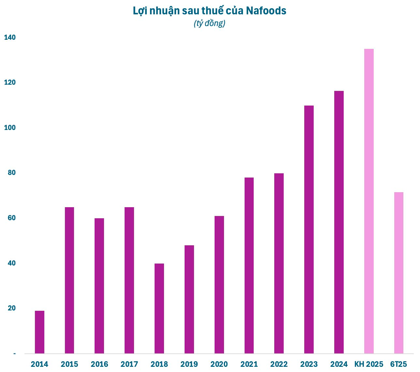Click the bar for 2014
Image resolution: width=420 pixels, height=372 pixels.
click(x=39, y=332)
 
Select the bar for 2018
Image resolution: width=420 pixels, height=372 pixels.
click(x=159, y=308)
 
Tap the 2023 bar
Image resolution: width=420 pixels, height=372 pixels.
click(x=309, y=229)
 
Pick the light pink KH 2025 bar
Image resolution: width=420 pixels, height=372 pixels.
click(x=369, y=201)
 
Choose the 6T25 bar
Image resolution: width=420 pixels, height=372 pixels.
click(x=398, y=273)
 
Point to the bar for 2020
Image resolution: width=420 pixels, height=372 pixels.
click(x=219, y=284)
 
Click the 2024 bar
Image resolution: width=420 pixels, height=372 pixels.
click(x=339, y=222)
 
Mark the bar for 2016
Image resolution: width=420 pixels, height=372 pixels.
click(x=99, y=286)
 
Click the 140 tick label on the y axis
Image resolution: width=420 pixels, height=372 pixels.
click(x=10, y=37)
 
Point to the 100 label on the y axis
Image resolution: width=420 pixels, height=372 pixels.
click(x=10, y=128)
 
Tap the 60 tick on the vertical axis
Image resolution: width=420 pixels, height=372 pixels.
click(x=11, y=218)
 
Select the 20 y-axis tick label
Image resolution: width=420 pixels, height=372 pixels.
click(x=11, y=308)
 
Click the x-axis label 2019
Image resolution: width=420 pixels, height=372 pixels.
click(x=189, y=364)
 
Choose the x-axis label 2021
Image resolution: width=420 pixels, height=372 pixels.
click(x=249, y=364)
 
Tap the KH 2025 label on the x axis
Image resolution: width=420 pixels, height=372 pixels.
click(x=369, y=364)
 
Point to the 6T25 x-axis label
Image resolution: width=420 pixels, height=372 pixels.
click(x=398, y=364)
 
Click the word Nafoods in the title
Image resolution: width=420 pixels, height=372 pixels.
click(x=266, y=11)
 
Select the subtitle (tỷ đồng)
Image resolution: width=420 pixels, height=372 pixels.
click(x=210, y=23)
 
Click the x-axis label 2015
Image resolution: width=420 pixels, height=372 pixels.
click(x=69, y=364)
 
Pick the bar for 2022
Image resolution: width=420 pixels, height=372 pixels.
click(x=279, y=263)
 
